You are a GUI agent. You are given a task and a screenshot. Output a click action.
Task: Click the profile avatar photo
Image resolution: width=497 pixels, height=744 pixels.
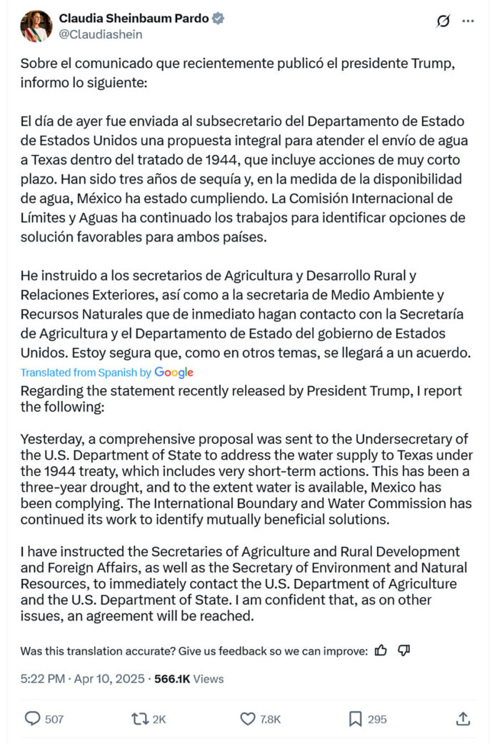(36, 26)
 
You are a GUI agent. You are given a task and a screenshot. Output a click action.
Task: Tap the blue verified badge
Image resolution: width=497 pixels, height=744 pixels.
(218, 19)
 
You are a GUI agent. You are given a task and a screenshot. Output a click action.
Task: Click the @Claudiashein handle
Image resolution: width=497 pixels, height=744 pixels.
(101, 34)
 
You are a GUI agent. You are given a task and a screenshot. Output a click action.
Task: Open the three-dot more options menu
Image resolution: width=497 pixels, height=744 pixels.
(468, 21)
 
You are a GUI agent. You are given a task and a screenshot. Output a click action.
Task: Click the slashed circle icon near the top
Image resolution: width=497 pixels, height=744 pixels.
(443, 21)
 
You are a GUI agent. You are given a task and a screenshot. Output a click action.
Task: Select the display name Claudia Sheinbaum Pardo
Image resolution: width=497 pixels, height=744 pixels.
(134, 19)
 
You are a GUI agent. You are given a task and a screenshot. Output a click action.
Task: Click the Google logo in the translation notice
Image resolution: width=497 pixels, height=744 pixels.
(174, 372)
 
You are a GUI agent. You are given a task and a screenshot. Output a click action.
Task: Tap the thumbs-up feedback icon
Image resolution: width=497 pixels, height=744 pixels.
(381, 650)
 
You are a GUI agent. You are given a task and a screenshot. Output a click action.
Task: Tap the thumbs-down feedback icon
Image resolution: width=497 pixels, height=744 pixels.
(403, 650)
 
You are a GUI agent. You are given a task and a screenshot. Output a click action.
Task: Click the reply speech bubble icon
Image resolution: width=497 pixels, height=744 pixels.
(33, 719)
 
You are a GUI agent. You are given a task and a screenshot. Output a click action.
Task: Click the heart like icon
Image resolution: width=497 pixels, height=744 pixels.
(248, 719)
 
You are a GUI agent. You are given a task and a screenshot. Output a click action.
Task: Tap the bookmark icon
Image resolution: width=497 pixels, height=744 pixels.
(355, 719)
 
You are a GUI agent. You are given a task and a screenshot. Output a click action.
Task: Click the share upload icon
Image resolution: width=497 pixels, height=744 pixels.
(463, 719)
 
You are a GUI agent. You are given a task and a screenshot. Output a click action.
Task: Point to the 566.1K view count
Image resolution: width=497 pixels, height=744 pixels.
(171, 679)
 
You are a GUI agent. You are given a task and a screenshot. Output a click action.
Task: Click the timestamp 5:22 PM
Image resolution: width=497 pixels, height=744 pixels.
(43, 679)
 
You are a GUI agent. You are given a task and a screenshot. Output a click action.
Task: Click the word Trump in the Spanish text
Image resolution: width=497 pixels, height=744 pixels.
(434, 64)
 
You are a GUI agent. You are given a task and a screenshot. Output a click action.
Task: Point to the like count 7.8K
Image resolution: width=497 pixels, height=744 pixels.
(271, 719)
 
